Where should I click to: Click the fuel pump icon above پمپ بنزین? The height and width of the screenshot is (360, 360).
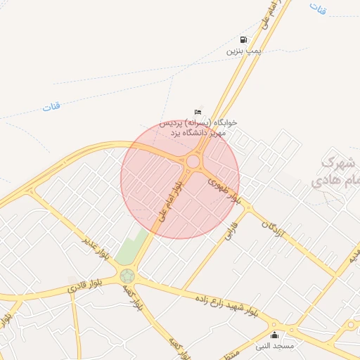click(243, 40)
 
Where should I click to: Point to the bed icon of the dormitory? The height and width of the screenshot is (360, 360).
click(198, 112)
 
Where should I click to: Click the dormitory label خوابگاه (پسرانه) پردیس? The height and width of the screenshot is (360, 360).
click(199, 122)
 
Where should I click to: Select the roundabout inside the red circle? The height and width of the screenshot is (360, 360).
click(192, 162)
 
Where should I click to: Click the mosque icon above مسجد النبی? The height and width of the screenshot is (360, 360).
click(274, 335)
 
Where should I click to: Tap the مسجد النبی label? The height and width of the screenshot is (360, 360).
click(274, 346)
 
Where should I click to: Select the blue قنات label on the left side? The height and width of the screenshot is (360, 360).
click(51, 107)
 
